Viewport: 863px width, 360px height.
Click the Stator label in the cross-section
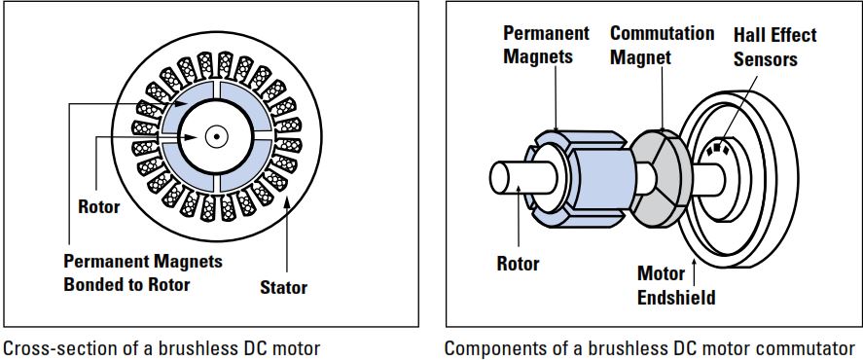click(x=283, y=287)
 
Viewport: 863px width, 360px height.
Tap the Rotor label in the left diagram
click(x=98, y=206)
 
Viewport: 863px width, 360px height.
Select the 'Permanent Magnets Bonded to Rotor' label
click(x=143, y=272)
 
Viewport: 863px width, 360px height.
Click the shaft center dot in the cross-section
click(x=216, y=136)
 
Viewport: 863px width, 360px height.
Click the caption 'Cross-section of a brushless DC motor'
click(x=162, y=347)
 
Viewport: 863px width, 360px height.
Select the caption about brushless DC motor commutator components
click(x=652, y=347)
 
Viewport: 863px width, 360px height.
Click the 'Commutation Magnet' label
click(x=662, y=45)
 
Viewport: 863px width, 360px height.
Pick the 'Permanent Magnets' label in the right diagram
click(x=546, y=45)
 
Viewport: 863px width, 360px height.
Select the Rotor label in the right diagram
click(x=518, y=263)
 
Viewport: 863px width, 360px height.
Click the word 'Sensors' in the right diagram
click(x=764, y=59)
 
